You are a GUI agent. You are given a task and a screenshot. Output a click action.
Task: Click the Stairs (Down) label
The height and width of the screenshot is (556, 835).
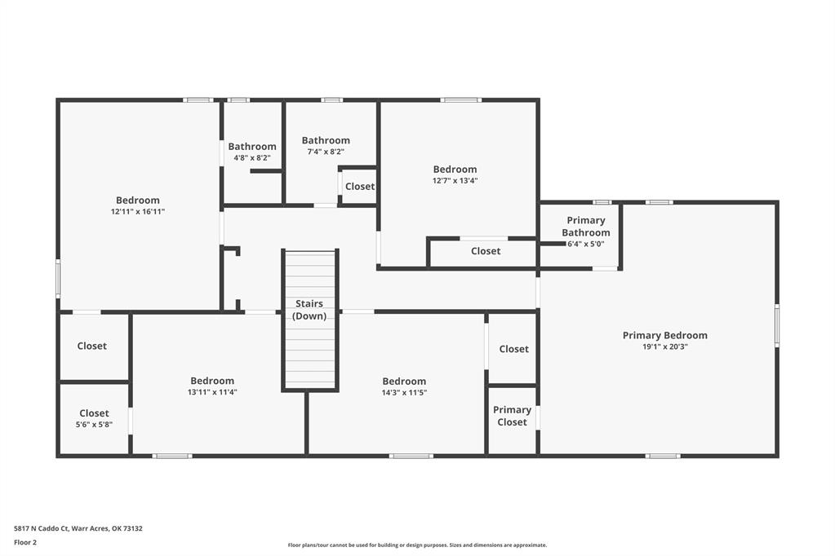tap(309, 310)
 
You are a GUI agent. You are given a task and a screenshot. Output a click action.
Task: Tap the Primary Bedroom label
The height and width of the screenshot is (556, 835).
tap(665, 335)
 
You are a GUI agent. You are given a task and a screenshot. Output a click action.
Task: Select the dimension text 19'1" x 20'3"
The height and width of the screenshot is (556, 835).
tap(665, 347)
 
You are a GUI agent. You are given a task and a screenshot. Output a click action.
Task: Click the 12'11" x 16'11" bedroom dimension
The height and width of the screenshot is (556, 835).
tap(138, 212)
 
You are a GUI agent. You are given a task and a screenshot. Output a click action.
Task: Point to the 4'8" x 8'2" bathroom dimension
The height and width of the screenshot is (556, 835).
tap(252, 158)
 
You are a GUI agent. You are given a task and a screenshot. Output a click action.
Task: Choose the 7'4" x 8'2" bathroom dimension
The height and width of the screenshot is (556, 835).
tap(326, 152)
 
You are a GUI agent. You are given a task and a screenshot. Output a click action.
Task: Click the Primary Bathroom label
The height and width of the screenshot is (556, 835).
tap(586, 226)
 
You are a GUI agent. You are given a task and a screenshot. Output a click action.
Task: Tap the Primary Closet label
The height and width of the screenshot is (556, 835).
tap(512, 416)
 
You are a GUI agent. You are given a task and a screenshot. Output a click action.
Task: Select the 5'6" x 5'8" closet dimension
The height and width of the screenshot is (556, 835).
tap(94, 425)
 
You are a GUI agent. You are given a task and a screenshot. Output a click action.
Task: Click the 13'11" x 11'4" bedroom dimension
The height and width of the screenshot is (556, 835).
tap(212, 393)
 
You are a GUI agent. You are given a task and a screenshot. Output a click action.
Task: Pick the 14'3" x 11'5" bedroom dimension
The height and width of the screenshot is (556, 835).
tap(404, 393)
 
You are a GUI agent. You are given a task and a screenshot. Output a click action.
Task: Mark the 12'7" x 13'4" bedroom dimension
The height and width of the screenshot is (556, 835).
tap(455, 181)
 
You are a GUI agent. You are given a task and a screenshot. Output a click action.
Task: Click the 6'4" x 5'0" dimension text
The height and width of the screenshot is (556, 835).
tap(586, 245)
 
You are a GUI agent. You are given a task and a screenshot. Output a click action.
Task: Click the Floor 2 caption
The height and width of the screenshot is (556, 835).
tap(25, 543)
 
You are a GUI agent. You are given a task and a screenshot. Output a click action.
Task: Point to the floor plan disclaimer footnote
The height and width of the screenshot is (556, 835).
tap(417, 545)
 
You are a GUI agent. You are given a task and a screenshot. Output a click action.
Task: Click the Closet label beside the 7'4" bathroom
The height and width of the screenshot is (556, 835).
tap(360, 186)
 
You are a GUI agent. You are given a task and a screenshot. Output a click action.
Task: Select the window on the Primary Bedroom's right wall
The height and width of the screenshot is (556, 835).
tap(777, 325)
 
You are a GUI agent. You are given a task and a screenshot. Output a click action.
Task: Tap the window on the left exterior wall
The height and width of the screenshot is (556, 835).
tap(58, 279)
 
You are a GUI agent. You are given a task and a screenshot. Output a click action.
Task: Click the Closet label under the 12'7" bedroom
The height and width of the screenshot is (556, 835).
tap(486, 251)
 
